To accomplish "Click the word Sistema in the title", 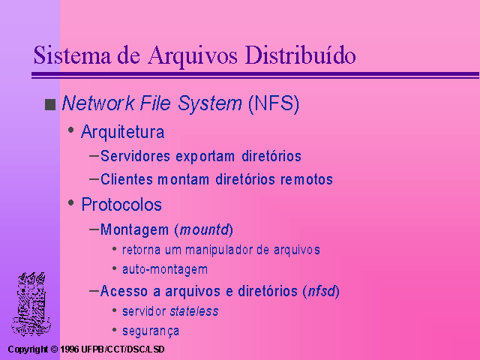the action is coord(72,55).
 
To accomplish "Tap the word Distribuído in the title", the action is coord(300,55).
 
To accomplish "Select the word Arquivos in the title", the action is coord(193,57).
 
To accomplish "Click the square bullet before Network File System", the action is coord(50,104).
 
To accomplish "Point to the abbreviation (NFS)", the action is coord(274,103).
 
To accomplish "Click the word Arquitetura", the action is coord(122,132).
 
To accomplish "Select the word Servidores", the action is coord(135,156).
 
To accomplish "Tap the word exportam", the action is coord(205,157).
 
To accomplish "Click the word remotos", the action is coord(307,179).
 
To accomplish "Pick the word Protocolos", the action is coord(121,205).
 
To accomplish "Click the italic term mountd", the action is coord(204,229).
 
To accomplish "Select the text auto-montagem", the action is coord(165,270).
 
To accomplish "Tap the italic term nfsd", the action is coord(322,291).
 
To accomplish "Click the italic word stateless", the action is coord(194,311).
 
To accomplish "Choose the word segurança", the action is coord(151,331).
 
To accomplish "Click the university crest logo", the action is coord(31,304).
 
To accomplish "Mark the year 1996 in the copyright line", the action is coord(70,349).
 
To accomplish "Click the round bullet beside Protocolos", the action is coord(71,202).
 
